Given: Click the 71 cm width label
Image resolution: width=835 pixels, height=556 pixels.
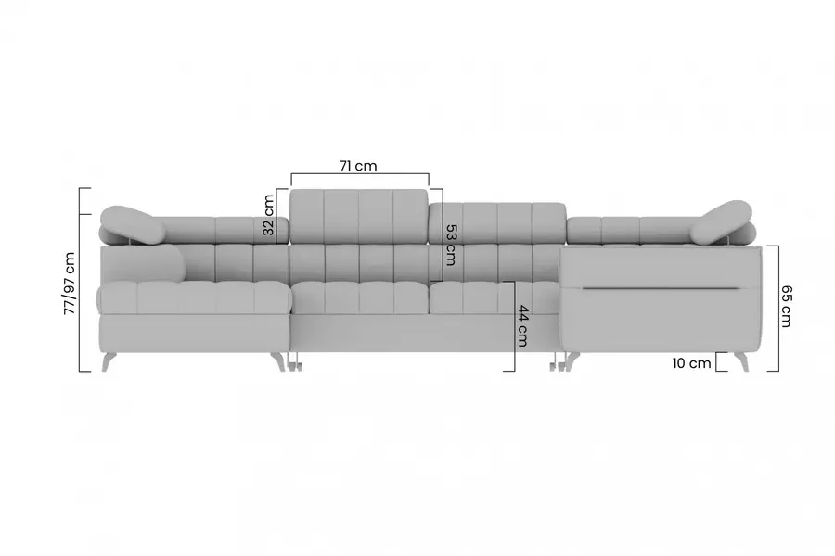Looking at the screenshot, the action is [358, 166].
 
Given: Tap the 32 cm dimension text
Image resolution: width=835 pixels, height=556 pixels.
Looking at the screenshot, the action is [268, 215].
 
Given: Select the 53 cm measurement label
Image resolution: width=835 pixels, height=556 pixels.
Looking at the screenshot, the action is [451, 245].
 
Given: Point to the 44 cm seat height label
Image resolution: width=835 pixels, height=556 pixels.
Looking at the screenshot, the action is [522, 325].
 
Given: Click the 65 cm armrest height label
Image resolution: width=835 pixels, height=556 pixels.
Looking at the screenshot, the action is [786, 306].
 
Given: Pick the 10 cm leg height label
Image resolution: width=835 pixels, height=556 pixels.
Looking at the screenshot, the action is [691, 363].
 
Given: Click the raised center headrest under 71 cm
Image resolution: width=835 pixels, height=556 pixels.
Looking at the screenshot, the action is [359, 216].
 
